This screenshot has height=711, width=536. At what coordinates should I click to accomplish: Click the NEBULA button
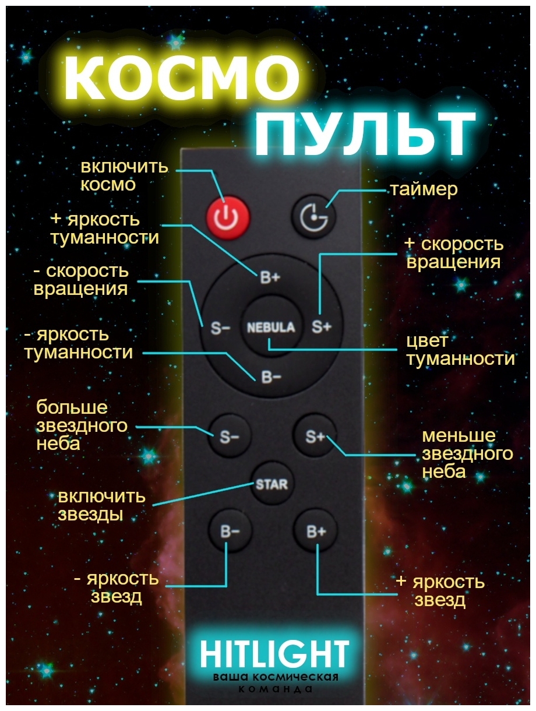pyautogui.click(x=271, y=327)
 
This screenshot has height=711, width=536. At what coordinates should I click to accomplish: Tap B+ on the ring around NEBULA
pyautogui.click(x=270, y=278)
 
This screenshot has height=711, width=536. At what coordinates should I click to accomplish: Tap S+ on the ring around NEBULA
pyautogui.click(x=321, y=327)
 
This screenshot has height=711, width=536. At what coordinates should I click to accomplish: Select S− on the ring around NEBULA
pyautogui.click(x=220, y=328)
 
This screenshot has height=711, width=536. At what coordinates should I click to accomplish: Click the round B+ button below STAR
pyautogui.click(x=316, y=531)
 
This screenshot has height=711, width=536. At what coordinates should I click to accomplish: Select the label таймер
pyautogui.click(x=424, y=189)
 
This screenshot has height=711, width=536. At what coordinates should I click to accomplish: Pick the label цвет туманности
pyautogui.click(x=460, y=350)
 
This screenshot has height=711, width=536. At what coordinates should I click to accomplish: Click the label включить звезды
pyautogui.click(x=101, y=505)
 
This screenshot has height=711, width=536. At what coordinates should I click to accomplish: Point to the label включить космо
pyautogui.click(x=124, y=175)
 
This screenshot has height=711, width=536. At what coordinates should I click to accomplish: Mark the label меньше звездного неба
pyautogui.click(x=467, y=453)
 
